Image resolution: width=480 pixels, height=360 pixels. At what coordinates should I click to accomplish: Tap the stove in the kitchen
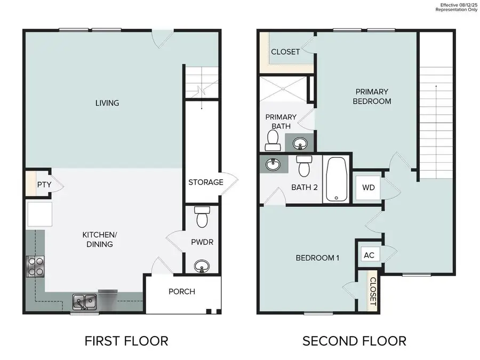click(35, 266)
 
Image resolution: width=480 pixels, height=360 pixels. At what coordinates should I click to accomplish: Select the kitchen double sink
click(84, 302)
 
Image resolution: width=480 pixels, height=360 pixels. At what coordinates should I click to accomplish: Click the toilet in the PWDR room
click(202, 217)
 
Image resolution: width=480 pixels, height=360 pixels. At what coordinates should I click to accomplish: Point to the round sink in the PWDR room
click(202, 265)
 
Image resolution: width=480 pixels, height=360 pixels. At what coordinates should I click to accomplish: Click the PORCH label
click(181, 292)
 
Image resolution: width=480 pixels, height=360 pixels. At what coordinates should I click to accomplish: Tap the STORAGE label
click(205, 182)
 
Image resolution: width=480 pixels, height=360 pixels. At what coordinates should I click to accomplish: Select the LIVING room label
click(107, 102)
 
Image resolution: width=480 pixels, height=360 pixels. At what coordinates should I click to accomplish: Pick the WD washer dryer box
click(369, 188)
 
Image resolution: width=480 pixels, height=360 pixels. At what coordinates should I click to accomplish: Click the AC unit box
click(369, 255)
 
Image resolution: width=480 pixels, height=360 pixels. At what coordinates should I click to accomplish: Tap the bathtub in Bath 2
click(336, 180)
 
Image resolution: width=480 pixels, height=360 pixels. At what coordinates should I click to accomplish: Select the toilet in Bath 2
click(305, 166)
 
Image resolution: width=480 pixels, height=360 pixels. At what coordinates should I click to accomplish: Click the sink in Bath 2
click(273, 164)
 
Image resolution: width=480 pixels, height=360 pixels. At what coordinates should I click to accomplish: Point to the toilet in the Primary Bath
click(273, 140)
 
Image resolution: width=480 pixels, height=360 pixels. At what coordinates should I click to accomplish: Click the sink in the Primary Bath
click(301, 143)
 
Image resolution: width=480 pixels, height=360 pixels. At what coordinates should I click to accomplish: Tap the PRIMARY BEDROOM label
click(372, 97)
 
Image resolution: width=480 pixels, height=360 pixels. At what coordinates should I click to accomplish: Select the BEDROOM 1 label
click(317, 258)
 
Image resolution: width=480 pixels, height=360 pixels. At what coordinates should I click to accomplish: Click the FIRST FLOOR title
click(126, 340)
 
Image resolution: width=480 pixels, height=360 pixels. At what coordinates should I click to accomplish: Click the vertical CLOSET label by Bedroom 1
click(373, 291)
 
